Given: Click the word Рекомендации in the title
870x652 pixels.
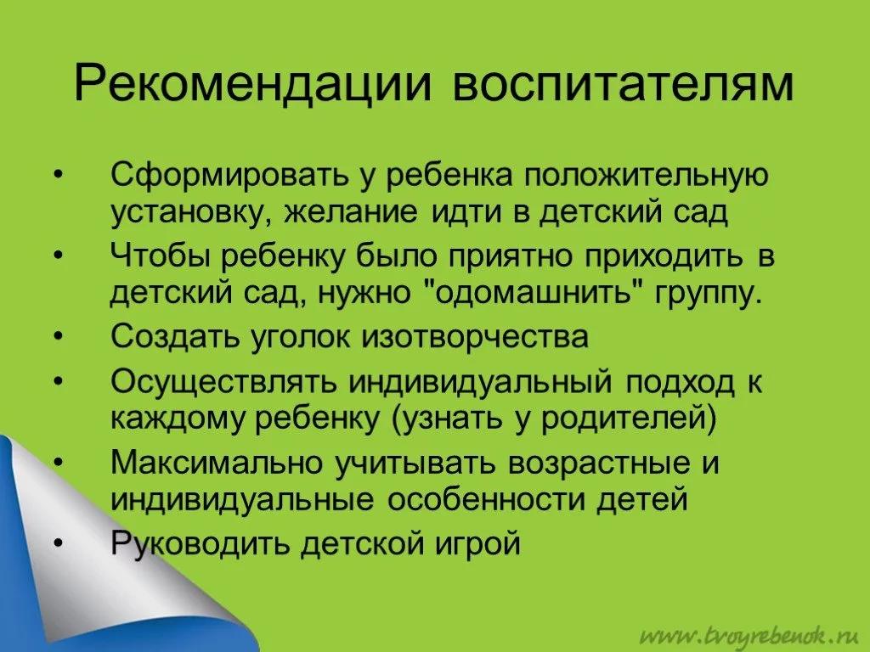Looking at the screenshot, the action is [252, 85].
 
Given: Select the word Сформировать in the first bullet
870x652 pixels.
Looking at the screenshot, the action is [231, 176].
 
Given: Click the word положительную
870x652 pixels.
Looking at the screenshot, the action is [646, 176].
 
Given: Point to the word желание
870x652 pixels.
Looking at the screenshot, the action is [351, 213].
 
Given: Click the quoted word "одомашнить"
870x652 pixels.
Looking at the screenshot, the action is [537, 292].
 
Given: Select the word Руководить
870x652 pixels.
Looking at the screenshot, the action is [201, 543].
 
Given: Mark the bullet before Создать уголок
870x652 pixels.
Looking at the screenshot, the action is [59, 336].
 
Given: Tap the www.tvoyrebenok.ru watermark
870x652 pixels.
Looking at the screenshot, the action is [750, 635].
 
